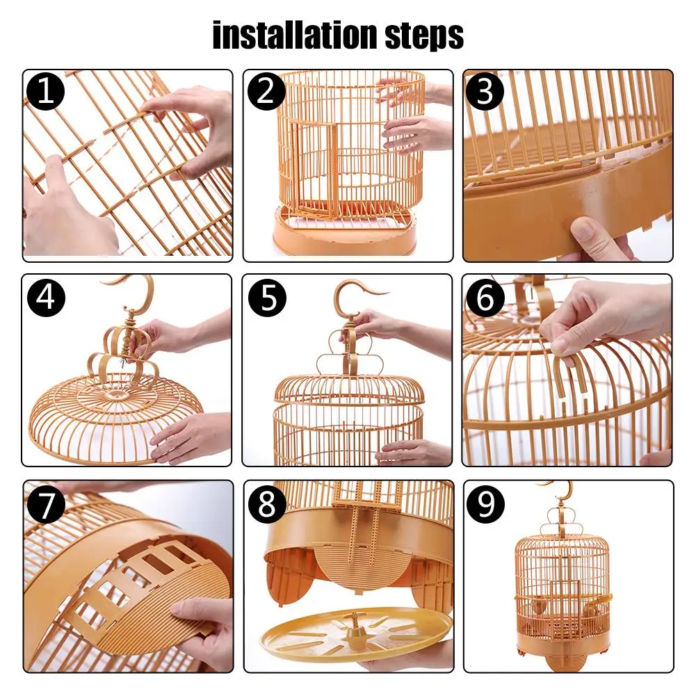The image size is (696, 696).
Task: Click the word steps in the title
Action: [x=424, y=36]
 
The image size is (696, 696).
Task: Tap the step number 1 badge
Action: [x=45, y=92]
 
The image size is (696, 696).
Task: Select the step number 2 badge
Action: [x=266, y=92]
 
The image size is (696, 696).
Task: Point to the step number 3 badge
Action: [x=485, y=92]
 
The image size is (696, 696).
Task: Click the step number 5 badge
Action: [x=267, y=298]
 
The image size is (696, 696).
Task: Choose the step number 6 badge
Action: [x=485, y=298]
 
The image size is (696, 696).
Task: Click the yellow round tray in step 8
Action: [x=356, y=634]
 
